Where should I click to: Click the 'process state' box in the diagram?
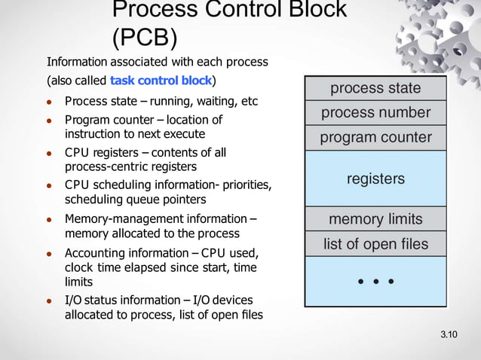tap(375, 88)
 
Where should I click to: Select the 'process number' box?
tap(375, 113)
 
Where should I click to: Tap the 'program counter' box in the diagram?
tap(375, 138)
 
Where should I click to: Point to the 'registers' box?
tap(375, 178)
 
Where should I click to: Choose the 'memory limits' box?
tap(375, 220)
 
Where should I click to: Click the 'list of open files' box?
tap(375, 244)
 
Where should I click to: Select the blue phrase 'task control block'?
tap(161, 80)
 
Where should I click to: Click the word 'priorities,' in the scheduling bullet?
tap(240, 185)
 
